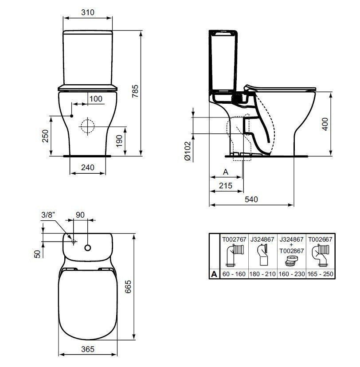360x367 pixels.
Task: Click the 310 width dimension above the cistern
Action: point(88,12)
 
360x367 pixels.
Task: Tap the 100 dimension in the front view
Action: point(95,99)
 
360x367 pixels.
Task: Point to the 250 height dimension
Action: point(45,136)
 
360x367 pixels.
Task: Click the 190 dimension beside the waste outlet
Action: point(118,141)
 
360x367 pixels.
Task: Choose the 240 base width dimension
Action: point(88,168)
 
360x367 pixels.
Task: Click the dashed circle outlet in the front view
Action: point(88,126)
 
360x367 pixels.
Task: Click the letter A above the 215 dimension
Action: point(225,172)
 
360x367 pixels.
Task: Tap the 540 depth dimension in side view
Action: point(251,199)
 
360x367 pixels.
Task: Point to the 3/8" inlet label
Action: point(48,215)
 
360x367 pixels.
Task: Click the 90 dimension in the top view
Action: point(80,215)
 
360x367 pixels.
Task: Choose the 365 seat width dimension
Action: point(88,349)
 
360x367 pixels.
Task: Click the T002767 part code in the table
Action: point(234,239)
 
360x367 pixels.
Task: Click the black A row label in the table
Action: point(214,274)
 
